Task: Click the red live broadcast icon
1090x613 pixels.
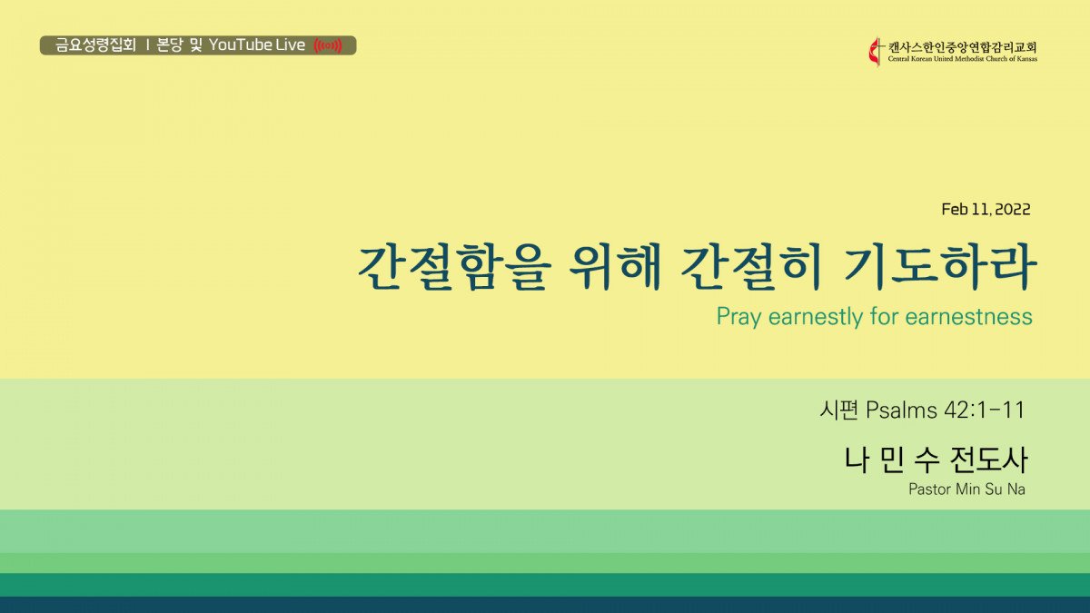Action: point(328,45)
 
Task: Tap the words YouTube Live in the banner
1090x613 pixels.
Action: point(257,45)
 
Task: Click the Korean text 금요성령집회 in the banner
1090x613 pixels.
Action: point(95,45)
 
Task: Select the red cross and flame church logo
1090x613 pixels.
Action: point(876,52)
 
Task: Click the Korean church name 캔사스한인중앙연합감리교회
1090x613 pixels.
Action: point(963,47)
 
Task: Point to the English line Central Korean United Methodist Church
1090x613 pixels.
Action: point(963,59)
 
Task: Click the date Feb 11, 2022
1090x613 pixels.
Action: point(986,209)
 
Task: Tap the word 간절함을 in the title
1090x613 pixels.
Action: point(454,267)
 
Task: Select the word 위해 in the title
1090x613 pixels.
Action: point(615,267)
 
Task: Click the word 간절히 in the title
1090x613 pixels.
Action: point(751,267)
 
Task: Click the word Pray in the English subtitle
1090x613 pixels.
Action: point(738,317)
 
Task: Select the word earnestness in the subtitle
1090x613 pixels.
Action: point(969,317)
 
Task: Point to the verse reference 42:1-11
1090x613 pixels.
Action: point(985,410)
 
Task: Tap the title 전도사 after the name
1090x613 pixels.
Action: point(989,460)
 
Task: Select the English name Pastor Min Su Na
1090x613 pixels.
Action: point(966,489)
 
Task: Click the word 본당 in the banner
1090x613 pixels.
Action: point(169,45)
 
